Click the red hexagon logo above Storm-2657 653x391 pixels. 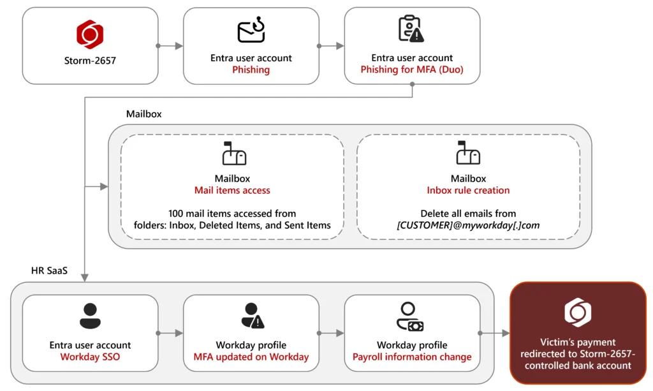90,34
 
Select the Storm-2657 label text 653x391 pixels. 90,62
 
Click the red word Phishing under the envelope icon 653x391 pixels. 251,70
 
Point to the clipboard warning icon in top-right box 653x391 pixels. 411,29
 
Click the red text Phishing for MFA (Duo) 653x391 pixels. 412,70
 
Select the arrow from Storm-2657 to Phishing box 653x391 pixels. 170,46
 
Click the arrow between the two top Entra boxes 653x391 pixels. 331,46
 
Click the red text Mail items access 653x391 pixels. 232,190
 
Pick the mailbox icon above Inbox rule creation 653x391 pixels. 467,154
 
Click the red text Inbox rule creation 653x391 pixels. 468,190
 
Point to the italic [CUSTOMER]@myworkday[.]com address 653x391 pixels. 468,225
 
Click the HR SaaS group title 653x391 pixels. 49,270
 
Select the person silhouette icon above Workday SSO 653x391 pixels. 90,315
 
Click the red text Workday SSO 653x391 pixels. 90,357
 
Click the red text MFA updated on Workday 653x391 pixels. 251,357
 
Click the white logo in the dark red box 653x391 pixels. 578,313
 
